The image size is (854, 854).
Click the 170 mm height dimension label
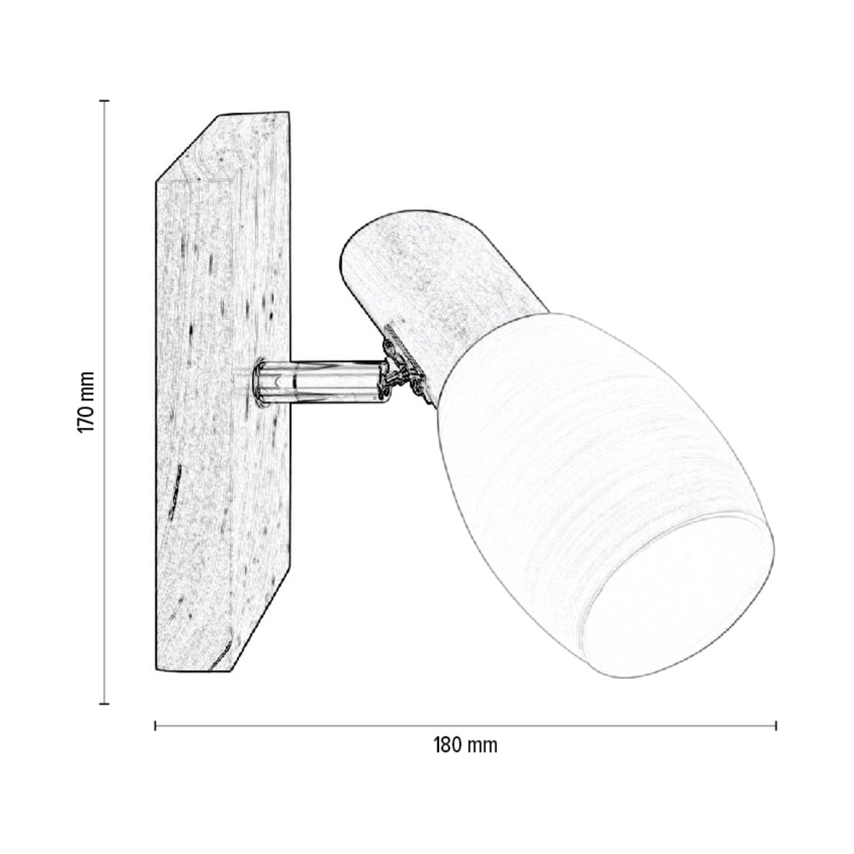86,402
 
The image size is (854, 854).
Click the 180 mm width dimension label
465,745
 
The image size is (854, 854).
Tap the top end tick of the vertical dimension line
104,101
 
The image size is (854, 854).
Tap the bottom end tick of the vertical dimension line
104,704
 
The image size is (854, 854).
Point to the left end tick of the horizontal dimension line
155,725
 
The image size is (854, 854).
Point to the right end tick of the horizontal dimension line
775,725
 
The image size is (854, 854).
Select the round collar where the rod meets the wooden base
260,382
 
